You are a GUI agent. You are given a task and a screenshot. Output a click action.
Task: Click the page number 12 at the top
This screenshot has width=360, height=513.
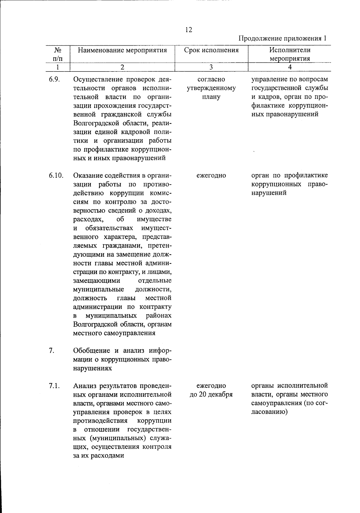pos(189,30)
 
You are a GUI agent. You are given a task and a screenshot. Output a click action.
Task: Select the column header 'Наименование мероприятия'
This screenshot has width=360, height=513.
pos(122,50)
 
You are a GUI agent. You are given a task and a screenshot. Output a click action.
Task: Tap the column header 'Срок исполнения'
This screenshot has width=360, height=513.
pos(211,50)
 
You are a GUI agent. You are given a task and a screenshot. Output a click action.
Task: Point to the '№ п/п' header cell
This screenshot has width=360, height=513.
pos(57,54)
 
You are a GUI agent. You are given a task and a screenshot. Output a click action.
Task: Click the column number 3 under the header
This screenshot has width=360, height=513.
pos(211,67)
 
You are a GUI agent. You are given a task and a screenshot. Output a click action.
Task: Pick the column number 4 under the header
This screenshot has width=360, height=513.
pos(290,67)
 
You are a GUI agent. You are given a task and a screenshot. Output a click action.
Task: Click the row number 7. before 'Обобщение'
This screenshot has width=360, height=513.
pos(51,351)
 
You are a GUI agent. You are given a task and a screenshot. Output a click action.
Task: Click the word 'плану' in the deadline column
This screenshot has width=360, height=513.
pos(211,97)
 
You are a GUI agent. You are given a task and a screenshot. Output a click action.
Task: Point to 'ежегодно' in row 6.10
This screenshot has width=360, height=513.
pos(211,175)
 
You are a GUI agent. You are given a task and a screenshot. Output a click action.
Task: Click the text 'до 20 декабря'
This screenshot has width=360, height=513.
pos(211,394)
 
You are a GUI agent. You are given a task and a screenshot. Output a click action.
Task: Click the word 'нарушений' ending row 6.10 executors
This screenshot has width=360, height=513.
pos(269,193)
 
